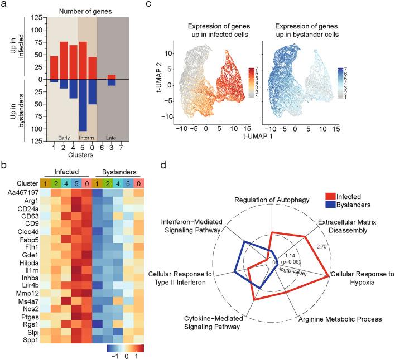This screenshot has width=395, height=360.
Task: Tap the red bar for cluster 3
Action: point(112,77)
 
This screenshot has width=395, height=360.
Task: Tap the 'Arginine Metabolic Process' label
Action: point(340,319)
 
